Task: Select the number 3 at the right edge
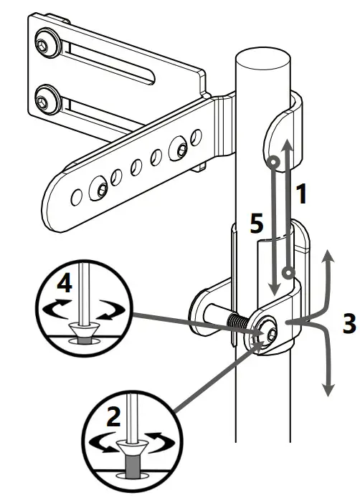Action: point(347,323)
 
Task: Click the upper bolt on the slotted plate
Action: point(47,46)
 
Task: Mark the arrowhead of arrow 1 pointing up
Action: point(287,145)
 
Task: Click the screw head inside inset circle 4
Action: point(85,330)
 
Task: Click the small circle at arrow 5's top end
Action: point(274,164)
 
